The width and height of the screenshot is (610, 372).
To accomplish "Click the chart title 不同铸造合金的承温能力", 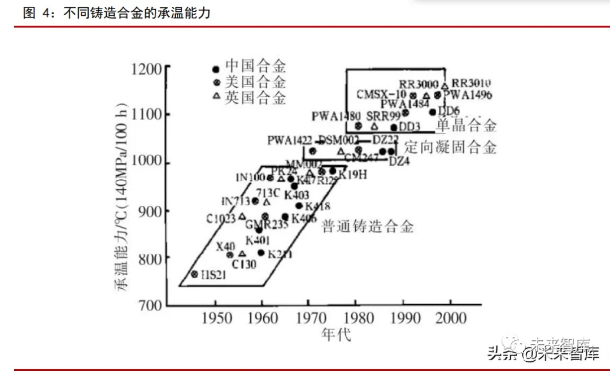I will [136, 12].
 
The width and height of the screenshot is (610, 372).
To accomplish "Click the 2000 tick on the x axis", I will [450, 318].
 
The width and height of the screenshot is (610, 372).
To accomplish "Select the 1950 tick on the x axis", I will [215, 318].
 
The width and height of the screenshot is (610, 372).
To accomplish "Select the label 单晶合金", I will [467, 126].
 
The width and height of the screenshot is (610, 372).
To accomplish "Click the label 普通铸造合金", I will [368, 227].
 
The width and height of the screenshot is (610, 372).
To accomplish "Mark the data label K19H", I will [352, 174].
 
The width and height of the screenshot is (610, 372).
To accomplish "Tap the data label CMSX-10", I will [381, 94].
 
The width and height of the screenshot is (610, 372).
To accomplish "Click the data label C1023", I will [221, 218].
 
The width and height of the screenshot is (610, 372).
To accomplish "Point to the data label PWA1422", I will [290, 140].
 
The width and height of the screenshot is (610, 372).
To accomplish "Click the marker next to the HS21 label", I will [195, 274].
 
